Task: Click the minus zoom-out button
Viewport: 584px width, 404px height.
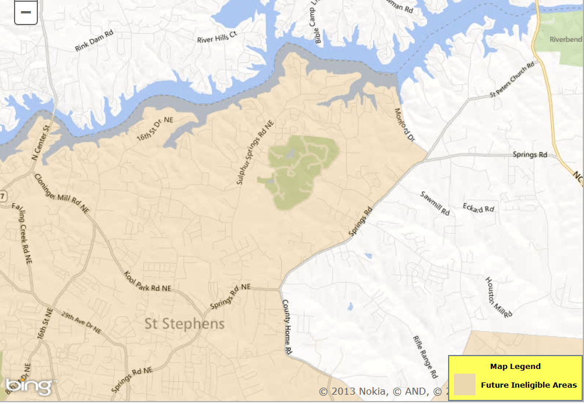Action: [26, 12]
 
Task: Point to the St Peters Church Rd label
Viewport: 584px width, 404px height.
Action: [512, 80]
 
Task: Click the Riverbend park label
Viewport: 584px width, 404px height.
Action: [566, 39]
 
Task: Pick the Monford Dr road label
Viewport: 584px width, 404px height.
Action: [404, 124]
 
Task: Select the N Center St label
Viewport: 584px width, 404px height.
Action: [40, 142]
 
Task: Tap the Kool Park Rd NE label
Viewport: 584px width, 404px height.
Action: [148, 281]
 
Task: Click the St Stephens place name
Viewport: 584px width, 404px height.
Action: [184, 324]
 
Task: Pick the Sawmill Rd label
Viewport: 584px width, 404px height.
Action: [435, 202]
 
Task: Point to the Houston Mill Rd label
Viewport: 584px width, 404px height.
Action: [499, 295]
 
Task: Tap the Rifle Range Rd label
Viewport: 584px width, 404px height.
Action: [425, 357]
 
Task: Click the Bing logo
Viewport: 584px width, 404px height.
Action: [29, 386]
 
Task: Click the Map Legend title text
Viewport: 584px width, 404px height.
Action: [515, 367]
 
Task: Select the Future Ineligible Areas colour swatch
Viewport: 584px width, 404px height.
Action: [464, 385]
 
